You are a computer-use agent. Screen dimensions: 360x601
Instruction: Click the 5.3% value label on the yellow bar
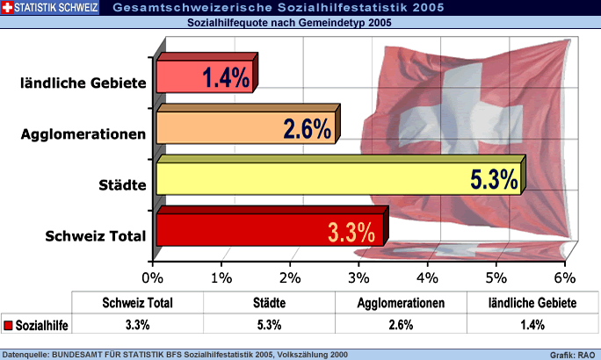[x=493, y=179]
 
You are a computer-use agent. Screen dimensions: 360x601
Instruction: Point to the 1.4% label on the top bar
[x=226, y=78]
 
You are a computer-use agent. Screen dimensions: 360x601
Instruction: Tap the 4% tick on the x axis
[x=427, y=277]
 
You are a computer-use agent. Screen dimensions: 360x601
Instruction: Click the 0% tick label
[x=153, y=277]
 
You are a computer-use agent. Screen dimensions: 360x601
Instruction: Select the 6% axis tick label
[x=564, y=277]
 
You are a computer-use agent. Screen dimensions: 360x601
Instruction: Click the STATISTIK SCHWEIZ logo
[x=50, y=9]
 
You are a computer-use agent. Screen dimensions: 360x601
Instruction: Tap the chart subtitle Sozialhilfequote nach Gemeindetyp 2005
[x=290, y=24]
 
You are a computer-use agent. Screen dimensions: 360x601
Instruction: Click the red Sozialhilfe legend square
[x=9, y=325]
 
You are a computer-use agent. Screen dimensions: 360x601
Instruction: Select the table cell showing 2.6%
[x=400, y=325]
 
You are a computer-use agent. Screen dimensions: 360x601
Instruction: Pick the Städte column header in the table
[x=268, y=302]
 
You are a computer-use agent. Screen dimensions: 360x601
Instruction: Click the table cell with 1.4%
[x=532, y=325]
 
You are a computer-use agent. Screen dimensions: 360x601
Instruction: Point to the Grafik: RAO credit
[x=573, y=355]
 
